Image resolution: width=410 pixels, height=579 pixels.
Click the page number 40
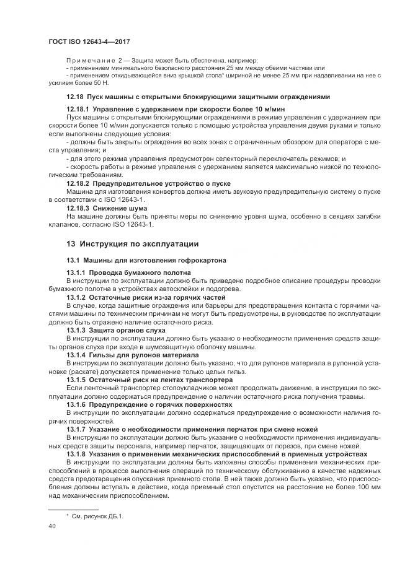pyautogui.click(x=52, y=526)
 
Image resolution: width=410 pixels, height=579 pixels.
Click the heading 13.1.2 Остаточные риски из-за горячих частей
pyautogui.click(x=146, y=297)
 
